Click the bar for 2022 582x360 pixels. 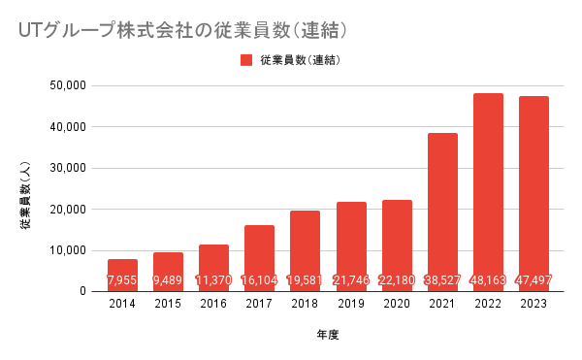tap(488, 192)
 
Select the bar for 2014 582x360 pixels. tap(122, 276)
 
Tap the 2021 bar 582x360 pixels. tap(442, 213)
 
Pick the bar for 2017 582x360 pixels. tap(259, 258)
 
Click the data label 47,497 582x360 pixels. tap(533, 279)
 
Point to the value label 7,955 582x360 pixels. tap(122, 279)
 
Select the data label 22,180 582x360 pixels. tap(397, 279)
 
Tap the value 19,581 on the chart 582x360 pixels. tap(306, 279)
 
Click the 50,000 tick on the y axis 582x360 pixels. tap(68, 85)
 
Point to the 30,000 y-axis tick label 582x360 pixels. tap(68, 168)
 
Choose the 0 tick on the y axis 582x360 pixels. tap(82, 291)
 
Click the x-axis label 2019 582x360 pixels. tap(351, 304)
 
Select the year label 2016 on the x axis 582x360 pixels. tap(213, 304)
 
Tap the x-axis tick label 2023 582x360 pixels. tap(533, 304)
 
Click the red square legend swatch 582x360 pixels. tap(246, 60)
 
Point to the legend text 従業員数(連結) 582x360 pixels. tap(301, 60)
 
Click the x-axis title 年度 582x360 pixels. tap(328, 335)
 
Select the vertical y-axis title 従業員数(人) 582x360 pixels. tap(25, 195)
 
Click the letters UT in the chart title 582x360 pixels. tap(29, 31)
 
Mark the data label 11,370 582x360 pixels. tap(213, 279)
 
